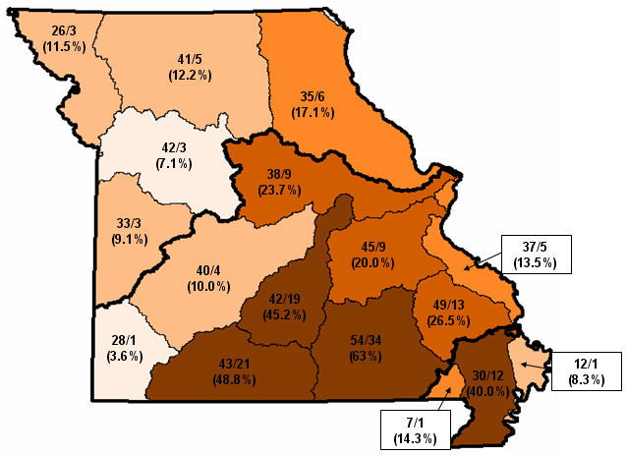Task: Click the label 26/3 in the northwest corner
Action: pyautogui.click(x=63, y=30)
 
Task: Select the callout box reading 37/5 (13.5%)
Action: pyautogui.click(x=536, y=255)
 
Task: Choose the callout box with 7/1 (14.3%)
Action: pyautogui.click(x=413, y=427)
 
